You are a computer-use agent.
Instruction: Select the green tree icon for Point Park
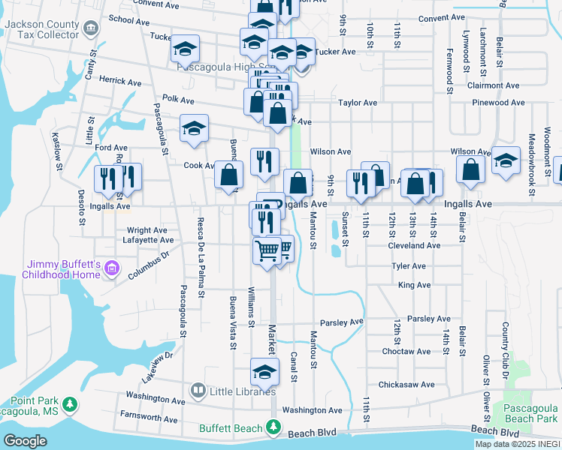[71, 405]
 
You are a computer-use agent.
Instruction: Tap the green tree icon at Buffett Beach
[273, 428]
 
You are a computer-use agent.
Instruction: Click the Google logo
[26, 441]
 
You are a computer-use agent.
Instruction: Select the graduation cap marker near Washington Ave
[264, 370]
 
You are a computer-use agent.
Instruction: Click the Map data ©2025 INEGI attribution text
[517, 444]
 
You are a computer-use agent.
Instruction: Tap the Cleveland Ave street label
[414, 245]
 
